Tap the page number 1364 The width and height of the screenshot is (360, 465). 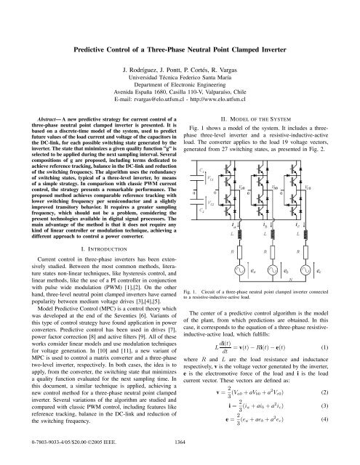tap(179, 458)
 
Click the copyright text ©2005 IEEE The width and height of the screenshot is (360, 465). tap(87, 458)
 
